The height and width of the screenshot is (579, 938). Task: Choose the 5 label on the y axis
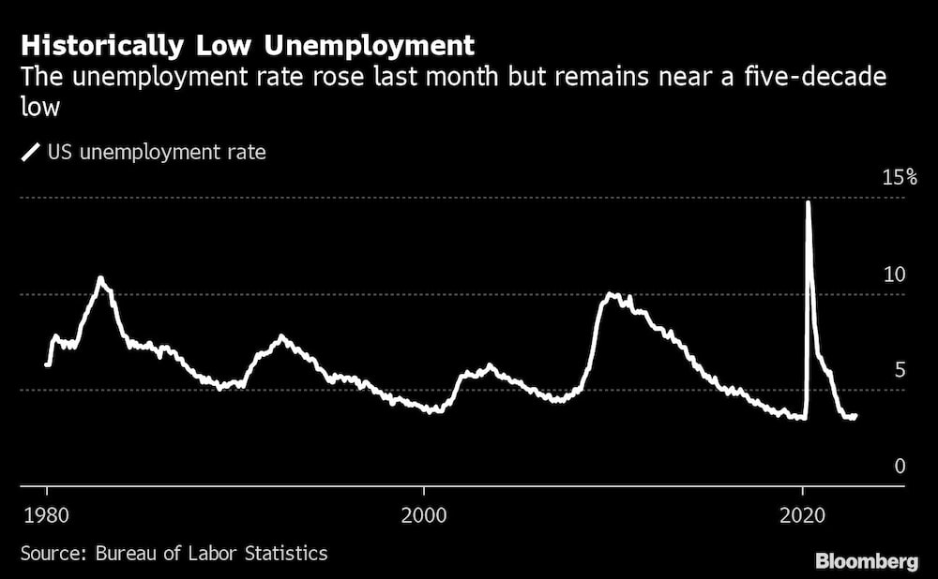[900, 370]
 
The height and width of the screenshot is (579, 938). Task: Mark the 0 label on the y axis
[900, 466]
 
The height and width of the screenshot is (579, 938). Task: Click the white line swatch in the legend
[31, 151]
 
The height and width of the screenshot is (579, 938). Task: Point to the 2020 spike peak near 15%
[809, 202]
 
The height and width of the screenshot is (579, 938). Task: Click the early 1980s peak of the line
[100, 278]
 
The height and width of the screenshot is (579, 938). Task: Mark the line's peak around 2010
[612, 294]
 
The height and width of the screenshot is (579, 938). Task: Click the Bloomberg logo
[867, 561]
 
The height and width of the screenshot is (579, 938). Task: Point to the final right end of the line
[855, 415]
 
